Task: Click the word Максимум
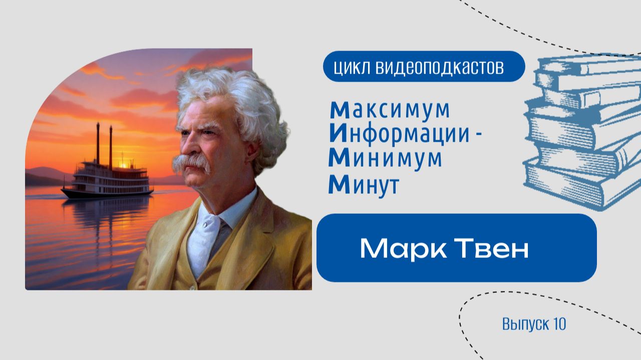(389, 109)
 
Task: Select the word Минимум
(386, 159)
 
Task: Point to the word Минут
(364, 185)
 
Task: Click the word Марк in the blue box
(397, 248)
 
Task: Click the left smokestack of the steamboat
(98, 143)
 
